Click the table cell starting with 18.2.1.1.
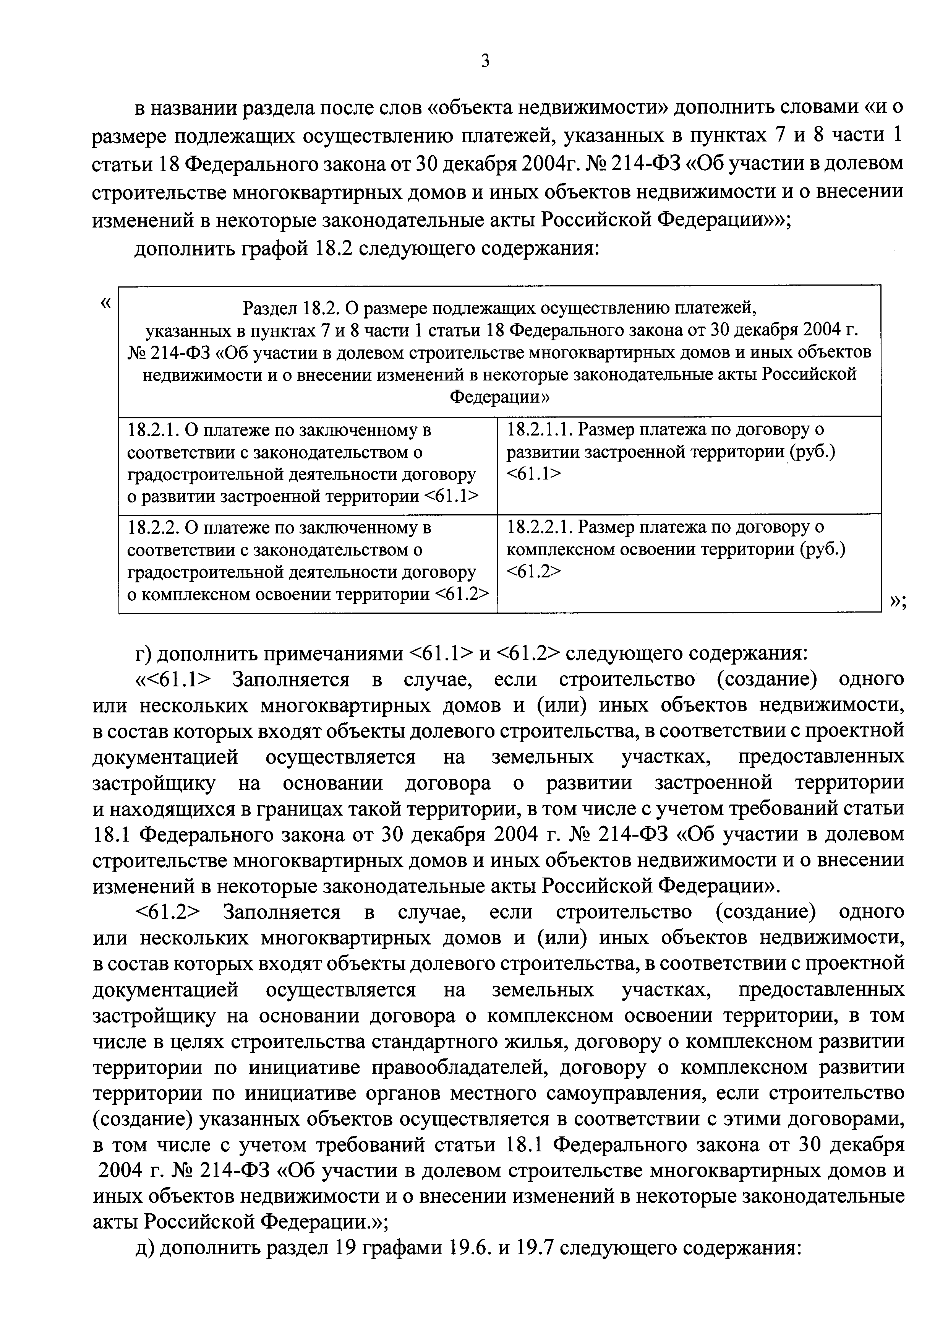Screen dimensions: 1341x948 coord(689,464)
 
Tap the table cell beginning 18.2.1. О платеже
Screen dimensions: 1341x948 coord(308,464)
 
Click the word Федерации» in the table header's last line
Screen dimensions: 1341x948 coord(500,397)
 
